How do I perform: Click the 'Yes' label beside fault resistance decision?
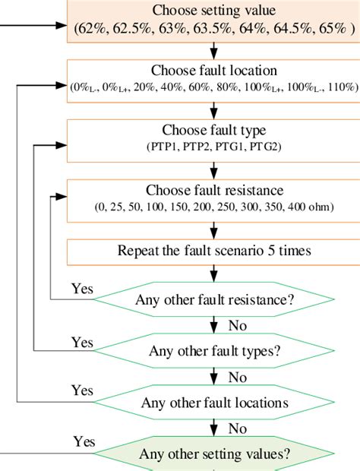tap(82, 289)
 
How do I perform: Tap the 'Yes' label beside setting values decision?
tap(85, 441)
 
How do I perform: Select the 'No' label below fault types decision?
tap(237, 377)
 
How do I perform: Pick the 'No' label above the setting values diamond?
tap(237, 428)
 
